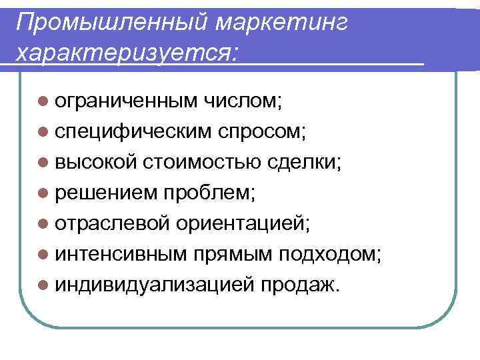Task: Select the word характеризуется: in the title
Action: coord(127,51)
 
